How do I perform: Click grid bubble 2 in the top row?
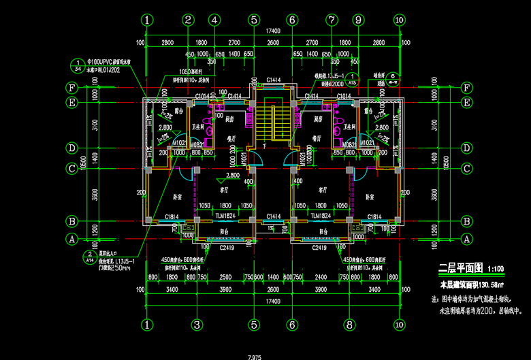pos(187,20)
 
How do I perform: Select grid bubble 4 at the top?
pos(214,20)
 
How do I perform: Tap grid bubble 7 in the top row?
pos(332,20)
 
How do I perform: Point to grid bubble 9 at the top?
pos(357,20)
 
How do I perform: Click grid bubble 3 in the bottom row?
pos(195,325)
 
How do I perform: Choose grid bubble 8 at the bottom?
pos(349,325)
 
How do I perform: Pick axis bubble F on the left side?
pos(70,88)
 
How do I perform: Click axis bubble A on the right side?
pos(467,239)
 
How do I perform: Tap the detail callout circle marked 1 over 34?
pos(77,65)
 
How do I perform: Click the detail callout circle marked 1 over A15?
pos(352,78)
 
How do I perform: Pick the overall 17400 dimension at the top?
pos(272,31)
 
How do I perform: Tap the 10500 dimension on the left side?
pos(83,163)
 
